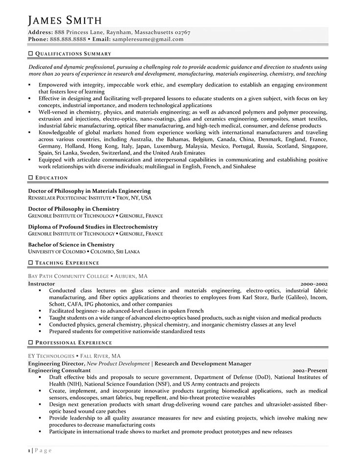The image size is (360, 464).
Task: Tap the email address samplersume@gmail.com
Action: (148, 39)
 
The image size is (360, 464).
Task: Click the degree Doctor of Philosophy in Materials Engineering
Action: (89, 191)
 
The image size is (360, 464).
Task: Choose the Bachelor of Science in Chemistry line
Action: (71, 245)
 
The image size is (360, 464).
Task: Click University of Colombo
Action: (56, 252)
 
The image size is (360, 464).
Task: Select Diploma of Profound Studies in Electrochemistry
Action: (93, 227)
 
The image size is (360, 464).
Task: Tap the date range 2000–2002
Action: (314, 283)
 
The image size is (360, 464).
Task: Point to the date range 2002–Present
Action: (310, 371)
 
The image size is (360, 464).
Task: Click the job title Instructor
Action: (41, 283)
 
